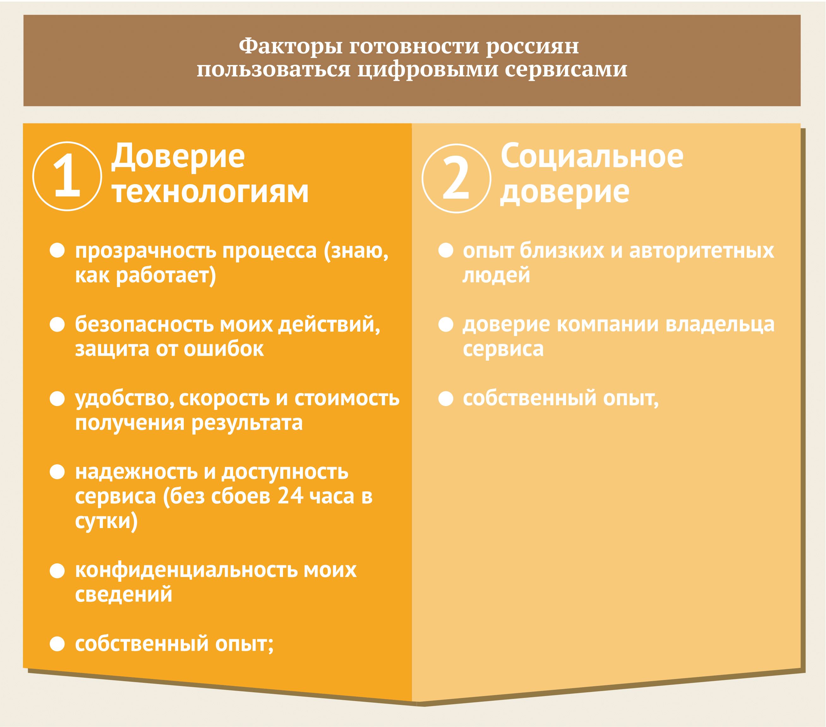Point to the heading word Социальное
coord(592,156)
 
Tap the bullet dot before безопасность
coord(57,324)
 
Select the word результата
coord(247,424)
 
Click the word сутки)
coord(106,521)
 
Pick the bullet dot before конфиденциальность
coord(57,571)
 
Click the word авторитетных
coord(702,251)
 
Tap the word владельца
coord(720,325)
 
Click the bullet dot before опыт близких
coord(446,250)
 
